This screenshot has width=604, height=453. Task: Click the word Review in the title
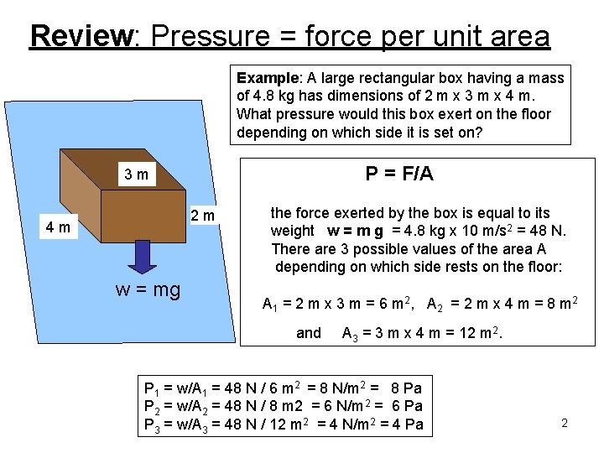[x=81, y=36]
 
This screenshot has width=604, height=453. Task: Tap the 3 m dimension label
[x=135, y=175]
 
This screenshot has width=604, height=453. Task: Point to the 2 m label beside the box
[x=201, y=216]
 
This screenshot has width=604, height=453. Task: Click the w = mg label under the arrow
[x=148, y=290]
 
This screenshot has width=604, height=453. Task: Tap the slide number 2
[x=565, y=423]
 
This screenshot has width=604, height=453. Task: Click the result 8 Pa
[x=406, y=388]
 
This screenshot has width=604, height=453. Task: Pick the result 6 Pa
[x=407, y=406]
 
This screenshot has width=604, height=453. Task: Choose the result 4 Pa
[x=407, y=424]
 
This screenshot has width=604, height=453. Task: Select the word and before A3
[x=309, y=333]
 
